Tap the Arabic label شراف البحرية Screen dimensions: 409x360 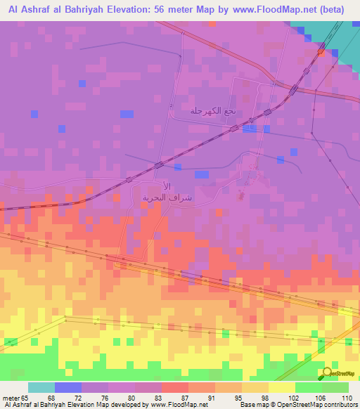pyautogui.click(x=163, y=197)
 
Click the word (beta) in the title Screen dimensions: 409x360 pyautogui.click(x=336, y=10)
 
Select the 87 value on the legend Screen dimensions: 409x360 pyautogui.click(x=174, y=397)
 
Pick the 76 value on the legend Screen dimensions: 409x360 pyautogui.click(x=95, y=397)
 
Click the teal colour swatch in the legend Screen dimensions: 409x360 pyautogui.click(x=41, y=387)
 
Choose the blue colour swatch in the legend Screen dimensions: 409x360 pyautogui.click(x=68, y=387)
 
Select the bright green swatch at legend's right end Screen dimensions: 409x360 pyautogui.click(x=335, y=387)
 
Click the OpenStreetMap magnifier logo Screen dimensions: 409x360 pyautogui.click(x=328, y=374)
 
